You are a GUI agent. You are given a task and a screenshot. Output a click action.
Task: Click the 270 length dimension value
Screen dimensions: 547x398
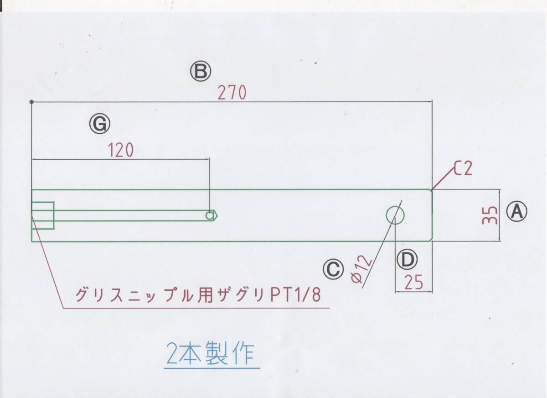click(x=232, y=93)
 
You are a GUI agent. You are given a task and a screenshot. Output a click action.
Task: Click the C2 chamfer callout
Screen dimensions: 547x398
click(x=462, y=170)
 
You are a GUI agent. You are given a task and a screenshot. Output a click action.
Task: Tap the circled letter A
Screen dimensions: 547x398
click(x=518, y=211)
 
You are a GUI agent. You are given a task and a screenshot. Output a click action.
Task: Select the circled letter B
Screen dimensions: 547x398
click(x=201, y=72)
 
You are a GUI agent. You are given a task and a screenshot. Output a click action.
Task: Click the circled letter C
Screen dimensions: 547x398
click(x=333, y=269)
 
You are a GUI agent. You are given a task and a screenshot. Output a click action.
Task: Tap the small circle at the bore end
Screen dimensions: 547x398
click(x=210, y=215)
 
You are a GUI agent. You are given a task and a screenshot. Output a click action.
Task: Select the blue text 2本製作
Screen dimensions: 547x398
click(x=210, y=353)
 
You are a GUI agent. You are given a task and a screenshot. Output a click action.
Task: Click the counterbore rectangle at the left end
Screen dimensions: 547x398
click(x=43, y=215)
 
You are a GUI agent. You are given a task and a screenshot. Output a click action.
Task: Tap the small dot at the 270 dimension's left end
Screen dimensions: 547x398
click(x=31, y=101)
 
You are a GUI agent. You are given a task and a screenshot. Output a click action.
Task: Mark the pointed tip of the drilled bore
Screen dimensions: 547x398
click(x=218, y=215)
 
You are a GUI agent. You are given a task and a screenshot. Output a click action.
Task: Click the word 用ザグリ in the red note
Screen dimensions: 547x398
click(x=237, y=296)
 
